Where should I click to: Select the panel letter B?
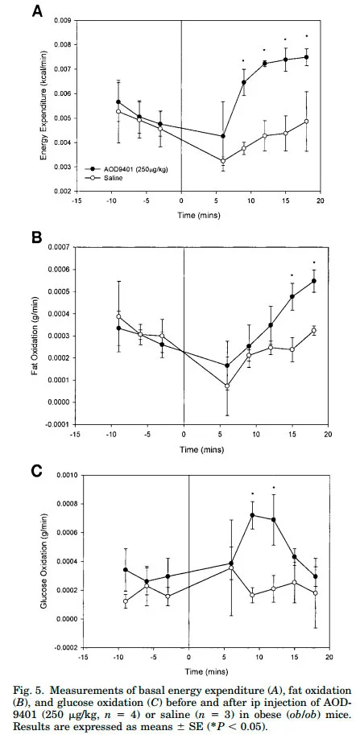tap(38, 237)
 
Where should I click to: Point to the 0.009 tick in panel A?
tap(63, 20)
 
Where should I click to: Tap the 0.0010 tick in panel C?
tap(66, 475)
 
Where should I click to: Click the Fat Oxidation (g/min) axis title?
tap(35, 336)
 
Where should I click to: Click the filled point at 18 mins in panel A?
tap(306, 57)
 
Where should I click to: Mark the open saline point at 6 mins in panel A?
tap(223, 161)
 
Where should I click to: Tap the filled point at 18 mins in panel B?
tap(314, 281)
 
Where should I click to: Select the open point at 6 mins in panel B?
tap(227, 386)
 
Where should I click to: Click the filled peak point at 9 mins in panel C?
tap(252, 515)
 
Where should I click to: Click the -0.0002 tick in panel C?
tap(65, 648)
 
